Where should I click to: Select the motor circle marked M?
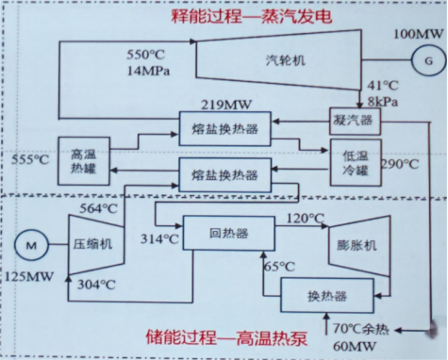tap(31, 245)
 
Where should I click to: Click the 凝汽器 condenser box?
tap(353, 120)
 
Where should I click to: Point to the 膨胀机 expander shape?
tap(357, 244)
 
